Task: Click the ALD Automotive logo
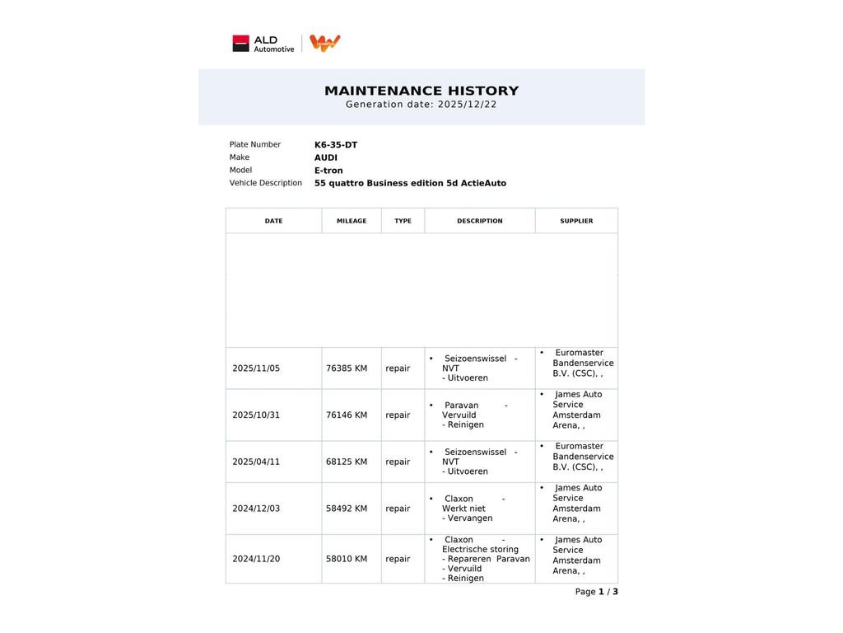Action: pyautogui.click(x=263, y=44)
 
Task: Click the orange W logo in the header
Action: pyautogui.click(x=325, y=43)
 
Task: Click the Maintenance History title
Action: pyautogui.click(x=421, y=91)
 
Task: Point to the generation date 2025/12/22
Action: pyautogui.click(x=467, y=105)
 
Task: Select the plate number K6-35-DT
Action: pyautogui.click(x=336, y=145)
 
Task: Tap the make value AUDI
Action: pyautogui.click(x=326, y=157)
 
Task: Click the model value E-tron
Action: pyautogui.click(x=328, y=171)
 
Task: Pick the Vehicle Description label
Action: pyautogui.click(x=266, y=183)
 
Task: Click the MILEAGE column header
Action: pyautogui.click(x=352, y=221)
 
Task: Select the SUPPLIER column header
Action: pyautogui.click(x=576, y=221)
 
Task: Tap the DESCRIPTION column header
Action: pyautogui.click(x=480, y=221)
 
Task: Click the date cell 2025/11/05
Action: pyautogui.click(x=256, y=368)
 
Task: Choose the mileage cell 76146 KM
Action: pyautogui.click(x=347, y=415)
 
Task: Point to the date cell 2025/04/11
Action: pyautogui.click(x=256, y=462)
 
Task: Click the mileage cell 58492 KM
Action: pyautogui.click(x=347, y=509)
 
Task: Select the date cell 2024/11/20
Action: pyautogui.click(x=256, y=559)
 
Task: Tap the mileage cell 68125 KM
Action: pyautogui.click(x=347, y=462)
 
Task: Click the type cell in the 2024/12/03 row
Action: pyautogui.click(x=398, y=509)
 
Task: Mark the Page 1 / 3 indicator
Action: pyautogui.click(x=597, y=592)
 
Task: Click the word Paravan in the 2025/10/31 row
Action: pyautogui.click(x=461, y=406)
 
